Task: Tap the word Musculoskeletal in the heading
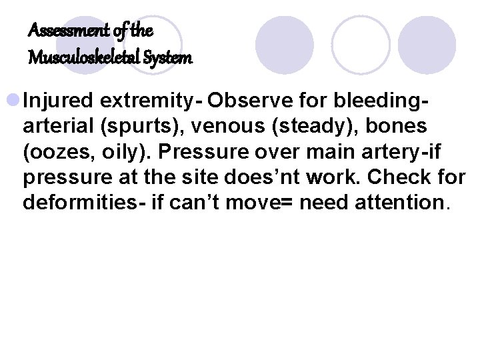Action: (81, 59)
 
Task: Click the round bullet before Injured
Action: (13, 101)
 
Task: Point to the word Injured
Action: (58, 101)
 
